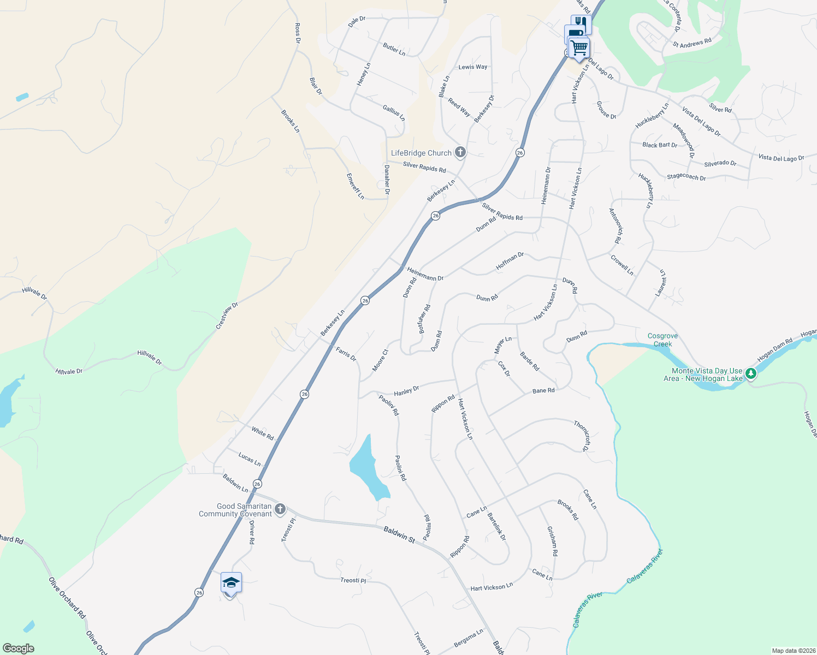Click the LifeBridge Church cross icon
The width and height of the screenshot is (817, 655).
coord(460,152)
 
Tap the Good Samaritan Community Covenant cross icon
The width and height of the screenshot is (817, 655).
coord(280,509)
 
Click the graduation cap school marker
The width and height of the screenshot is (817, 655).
coord(231,583)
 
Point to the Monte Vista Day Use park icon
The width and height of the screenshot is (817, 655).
coord(751,373)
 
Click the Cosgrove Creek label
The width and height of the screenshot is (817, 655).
coord(662,340)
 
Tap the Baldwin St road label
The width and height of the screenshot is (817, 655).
coord(399,534)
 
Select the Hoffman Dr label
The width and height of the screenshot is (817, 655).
coord(510,261)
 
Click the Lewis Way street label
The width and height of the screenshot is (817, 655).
coord(473,67)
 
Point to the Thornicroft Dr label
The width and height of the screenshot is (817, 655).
coord(582,436)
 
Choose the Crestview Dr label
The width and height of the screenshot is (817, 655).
coord(227,315)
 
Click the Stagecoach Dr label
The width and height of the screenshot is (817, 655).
coord(686,177)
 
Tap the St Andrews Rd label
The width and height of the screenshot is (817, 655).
coord(692,43)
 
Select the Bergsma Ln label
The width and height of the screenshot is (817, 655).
coord(469,638)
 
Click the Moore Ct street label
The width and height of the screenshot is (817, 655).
coord(380,360)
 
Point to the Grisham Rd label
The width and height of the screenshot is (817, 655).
coord(552,541)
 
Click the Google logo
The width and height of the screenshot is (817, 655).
coord(19,648)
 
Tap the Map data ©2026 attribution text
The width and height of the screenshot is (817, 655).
coord(792,651)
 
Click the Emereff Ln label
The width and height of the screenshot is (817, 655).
coord(355,186)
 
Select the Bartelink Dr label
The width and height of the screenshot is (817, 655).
coord(496,526)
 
